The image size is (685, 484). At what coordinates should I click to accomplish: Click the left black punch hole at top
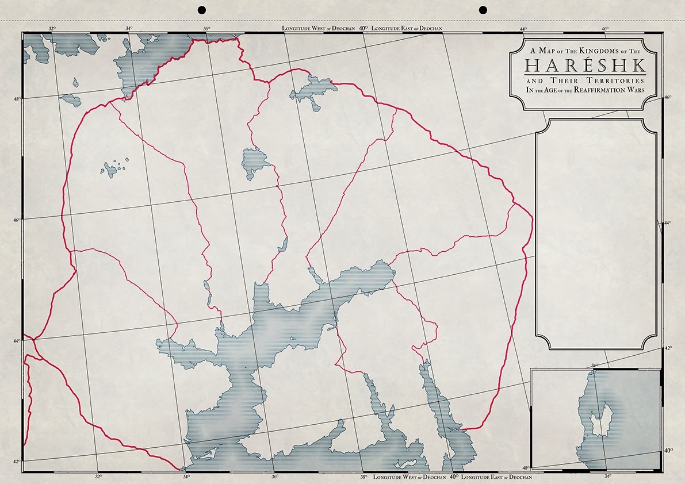point(201,9)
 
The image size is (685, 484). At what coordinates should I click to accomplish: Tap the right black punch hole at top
point(483,9)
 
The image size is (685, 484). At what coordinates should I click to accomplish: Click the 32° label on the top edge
point(52,28)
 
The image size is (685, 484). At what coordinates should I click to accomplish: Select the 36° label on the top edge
point(206,28)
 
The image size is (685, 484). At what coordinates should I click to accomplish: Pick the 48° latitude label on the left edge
point(17,99)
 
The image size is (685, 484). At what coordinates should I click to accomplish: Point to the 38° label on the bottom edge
point(364,477)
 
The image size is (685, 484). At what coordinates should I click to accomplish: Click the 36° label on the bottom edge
point(274,477)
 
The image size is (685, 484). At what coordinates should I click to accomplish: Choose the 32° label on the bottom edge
point(98,477)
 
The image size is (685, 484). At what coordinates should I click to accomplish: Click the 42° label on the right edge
point(668,348)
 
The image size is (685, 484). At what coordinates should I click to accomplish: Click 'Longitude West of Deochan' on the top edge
point(319,28)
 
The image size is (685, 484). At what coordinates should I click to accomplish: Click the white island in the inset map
point(602,417)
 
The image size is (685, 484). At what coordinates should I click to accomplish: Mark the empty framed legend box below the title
point(596,233)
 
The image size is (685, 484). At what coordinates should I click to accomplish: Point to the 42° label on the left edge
point(17,462)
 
